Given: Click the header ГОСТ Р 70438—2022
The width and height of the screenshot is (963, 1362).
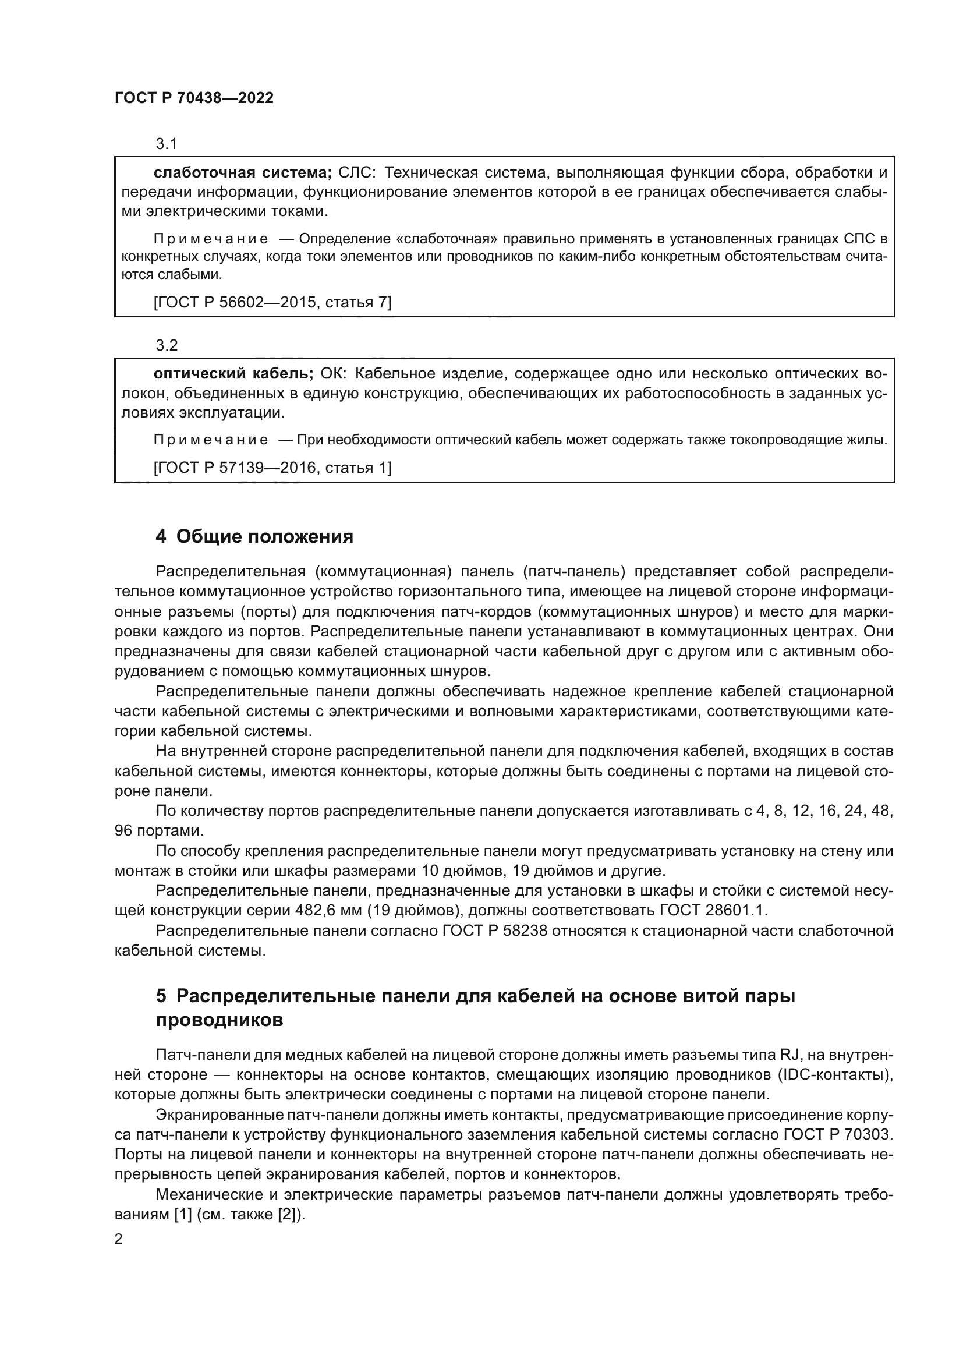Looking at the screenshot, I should click(194, 98).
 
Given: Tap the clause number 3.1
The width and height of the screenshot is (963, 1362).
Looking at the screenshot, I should click(167, 144).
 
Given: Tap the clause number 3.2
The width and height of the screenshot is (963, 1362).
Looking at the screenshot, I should click(167, 345).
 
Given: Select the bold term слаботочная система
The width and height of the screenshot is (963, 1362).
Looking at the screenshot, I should click(242, 172).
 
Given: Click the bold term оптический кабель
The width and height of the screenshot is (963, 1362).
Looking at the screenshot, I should click(233, 374).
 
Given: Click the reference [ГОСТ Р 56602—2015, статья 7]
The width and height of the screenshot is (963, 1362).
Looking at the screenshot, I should click(272, 303).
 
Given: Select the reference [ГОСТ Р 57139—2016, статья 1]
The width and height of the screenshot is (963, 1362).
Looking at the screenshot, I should click(272, 468).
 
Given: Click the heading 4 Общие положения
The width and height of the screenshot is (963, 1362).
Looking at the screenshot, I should click(254, 537).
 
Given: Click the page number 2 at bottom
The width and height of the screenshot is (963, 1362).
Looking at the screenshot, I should click(119, 1239).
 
